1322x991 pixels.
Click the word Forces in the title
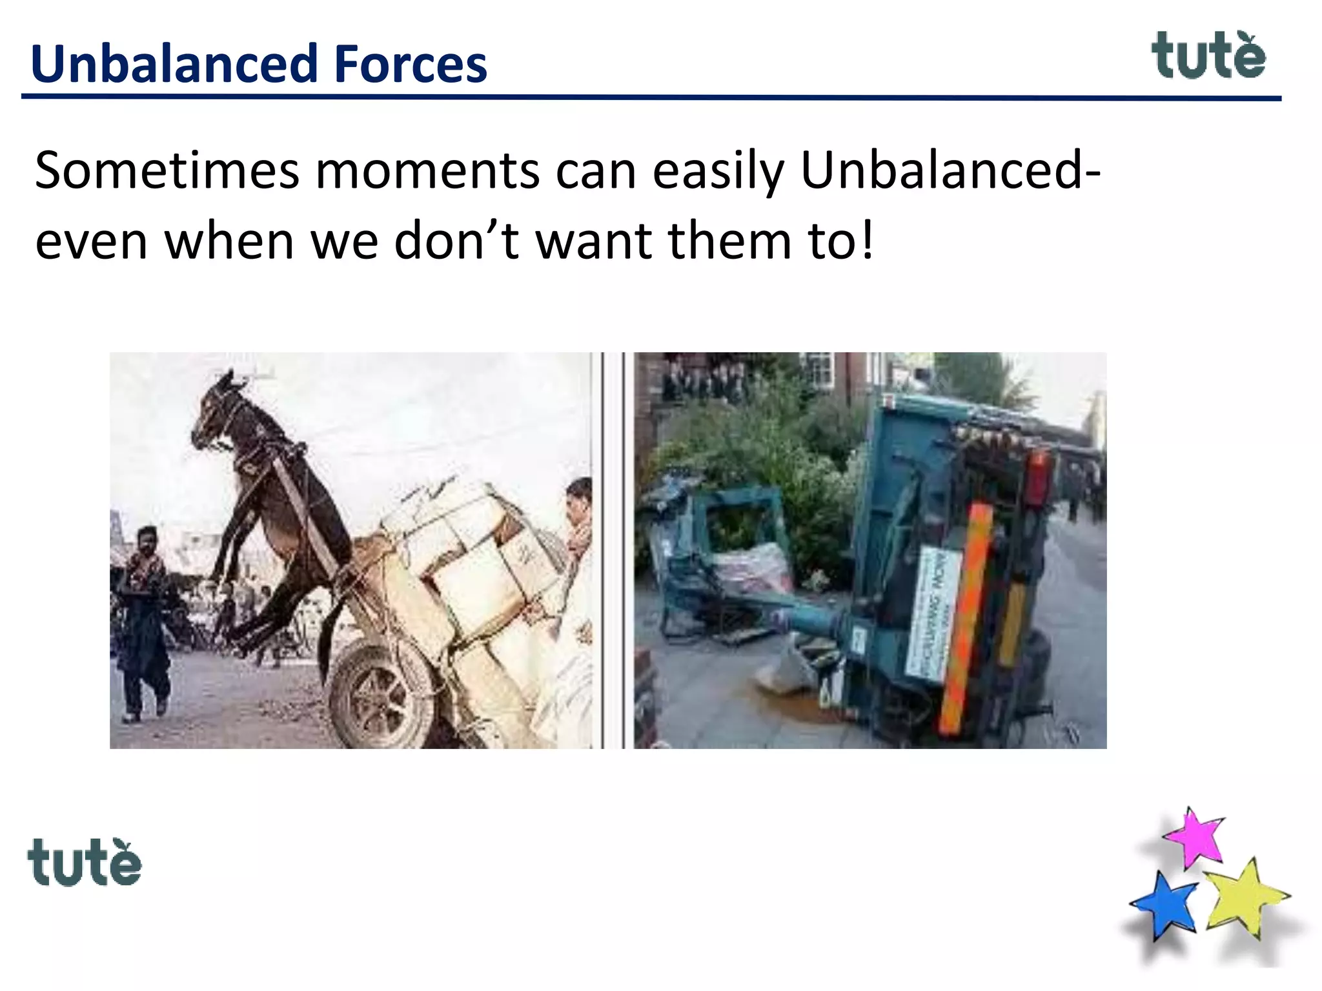(411, 65)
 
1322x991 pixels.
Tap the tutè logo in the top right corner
(1208, 57)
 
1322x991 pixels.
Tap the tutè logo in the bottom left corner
(84, 863)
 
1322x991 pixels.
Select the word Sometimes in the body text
(167, 171)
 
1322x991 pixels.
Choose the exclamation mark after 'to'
(866, 239)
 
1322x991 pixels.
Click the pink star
(1196, 837)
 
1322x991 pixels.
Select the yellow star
(1243, 897)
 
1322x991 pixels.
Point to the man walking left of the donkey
(145, 619)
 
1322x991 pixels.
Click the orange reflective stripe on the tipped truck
(964, 619)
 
